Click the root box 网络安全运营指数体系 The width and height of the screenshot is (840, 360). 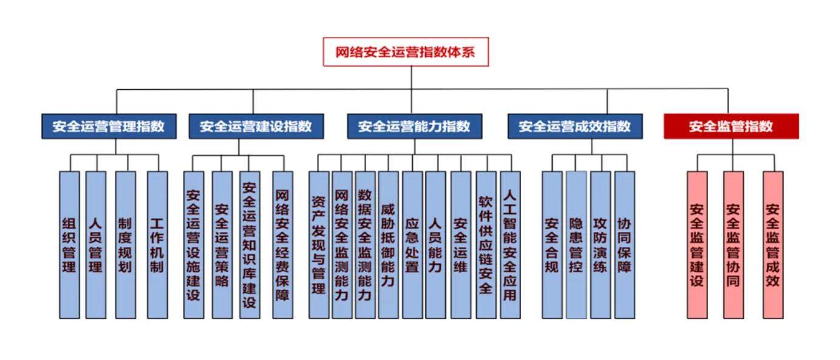pyautogui.click(x=405, y=52)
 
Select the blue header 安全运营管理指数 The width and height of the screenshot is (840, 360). pyautogui.click(x=109, y=126)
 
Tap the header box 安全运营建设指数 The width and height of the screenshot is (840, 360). pyautogui.click(x=256, y=126)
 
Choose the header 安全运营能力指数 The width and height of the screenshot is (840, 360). pyautogui.click(x=414, y=126)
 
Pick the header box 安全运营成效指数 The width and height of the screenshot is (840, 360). pyautogui.click(x=575, y=126)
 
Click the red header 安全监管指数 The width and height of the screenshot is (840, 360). pyautogui.click(x=731, y=126)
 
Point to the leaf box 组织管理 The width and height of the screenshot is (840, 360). pyautogui.click(x=69, y=245)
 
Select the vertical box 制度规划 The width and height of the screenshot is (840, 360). pyautogui.click(x=125, y=245)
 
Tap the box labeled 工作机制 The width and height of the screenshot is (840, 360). pyautogui.click(x=157, y=245)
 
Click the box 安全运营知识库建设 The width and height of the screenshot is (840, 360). pyautogui.click(x=250, y=245)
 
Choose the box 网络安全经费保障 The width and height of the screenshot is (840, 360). pyautogui.click(x=282, y=245)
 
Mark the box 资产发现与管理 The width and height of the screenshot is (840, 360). pyautogui.click(x=319, y=245)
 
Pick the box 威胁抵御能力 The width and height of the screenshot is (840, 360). pyautogui.click(x=388, y=245)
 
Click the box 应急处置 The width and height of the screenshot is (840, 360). pyautogui.click(x=412, y=245)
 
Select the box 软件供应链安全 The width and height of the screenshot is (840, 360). pyautogui.click(x=486, y=245)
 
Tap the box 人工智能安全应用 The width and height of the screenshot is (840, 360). pyautogui.click(x=510, y=245)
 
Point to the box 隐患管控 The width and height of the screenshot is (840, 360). pyautogui.click(x=576, y=245)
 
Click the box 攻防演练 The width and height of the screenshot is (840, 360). pyautogui.click(x=600, y=245)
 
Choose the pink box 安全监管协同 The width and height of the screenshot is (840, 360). pyautogui.click(x=733, y=245)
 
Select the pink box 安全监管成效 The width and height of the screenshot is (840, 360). pyautogui.click(x=773, y=245)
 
